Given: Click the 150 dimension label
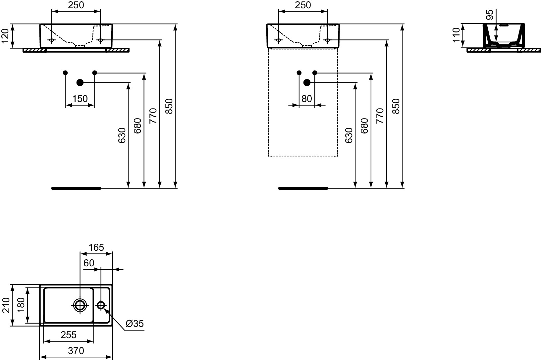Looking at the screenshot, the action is (80, 99).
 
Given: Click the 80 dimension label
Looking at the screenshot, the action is (307, 99).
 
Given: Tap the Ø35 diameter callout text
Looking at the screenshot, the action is (135, 324).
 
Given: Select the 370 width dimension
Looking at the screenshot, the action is (76, 351).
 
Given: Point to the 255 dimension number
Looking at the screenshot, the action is (69, 335).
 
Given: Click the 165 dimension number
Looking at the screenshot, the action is (96, 247).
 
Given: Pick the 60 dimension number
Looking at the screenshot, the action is (89, 263).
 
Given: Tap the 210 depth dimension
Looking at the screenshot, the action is (6, 305).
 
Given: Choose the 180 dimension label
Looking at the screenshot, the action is (21, 305).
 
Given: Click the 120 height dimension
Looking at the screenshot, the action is (5, 36).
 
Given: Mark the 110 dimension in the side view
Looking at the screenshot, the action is (456, 35).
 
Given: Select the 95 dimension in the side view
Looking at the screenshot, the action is (489, 15).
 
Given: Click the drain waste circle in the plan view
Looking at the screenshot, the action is (80, 305).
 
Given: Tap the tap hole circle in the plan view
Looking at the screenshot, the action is (101, 305).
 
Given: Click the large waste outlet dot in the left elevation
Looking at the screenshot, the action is (80, 82).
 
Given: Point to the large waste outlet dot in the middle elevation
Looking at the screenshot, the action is (307, 82).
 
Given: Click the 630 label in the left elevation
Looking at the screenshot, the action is (122, 135).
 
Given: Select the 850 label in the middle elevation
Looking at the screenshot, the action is (396, 106).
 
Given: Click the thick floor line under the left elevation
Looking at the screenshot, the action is (76, 188).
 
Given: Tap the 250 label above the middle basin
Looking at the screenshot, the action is (303, 5).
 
